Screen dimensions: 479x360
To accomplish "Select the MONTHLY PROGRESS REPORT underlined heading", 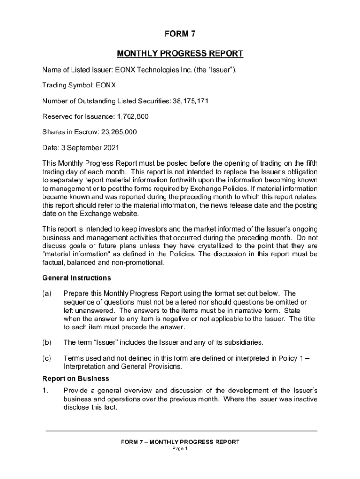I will [180, 54].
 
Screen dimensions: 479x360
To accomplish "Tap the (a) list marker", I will [47, 294].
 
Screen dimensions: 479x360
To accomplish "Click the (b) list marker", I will [47, 342].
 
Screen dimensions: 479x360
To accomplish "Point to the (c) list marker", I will [47, 358].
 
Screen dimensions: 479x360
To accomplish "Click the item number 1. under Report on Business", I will [45, 391].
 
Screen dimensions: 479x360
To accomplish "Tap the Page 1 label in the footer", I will [180, 449].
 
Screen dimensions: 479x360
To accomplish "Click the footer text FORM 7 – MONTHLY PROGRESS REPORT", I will [180, 442].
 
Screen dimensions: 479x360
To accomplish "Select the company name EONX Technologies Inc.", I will [151, 70].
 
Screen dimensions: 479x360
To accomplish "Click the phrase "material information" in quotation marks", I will [72, 254].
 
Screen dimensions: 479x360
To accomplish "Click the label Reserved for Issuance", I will [72, 116].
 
